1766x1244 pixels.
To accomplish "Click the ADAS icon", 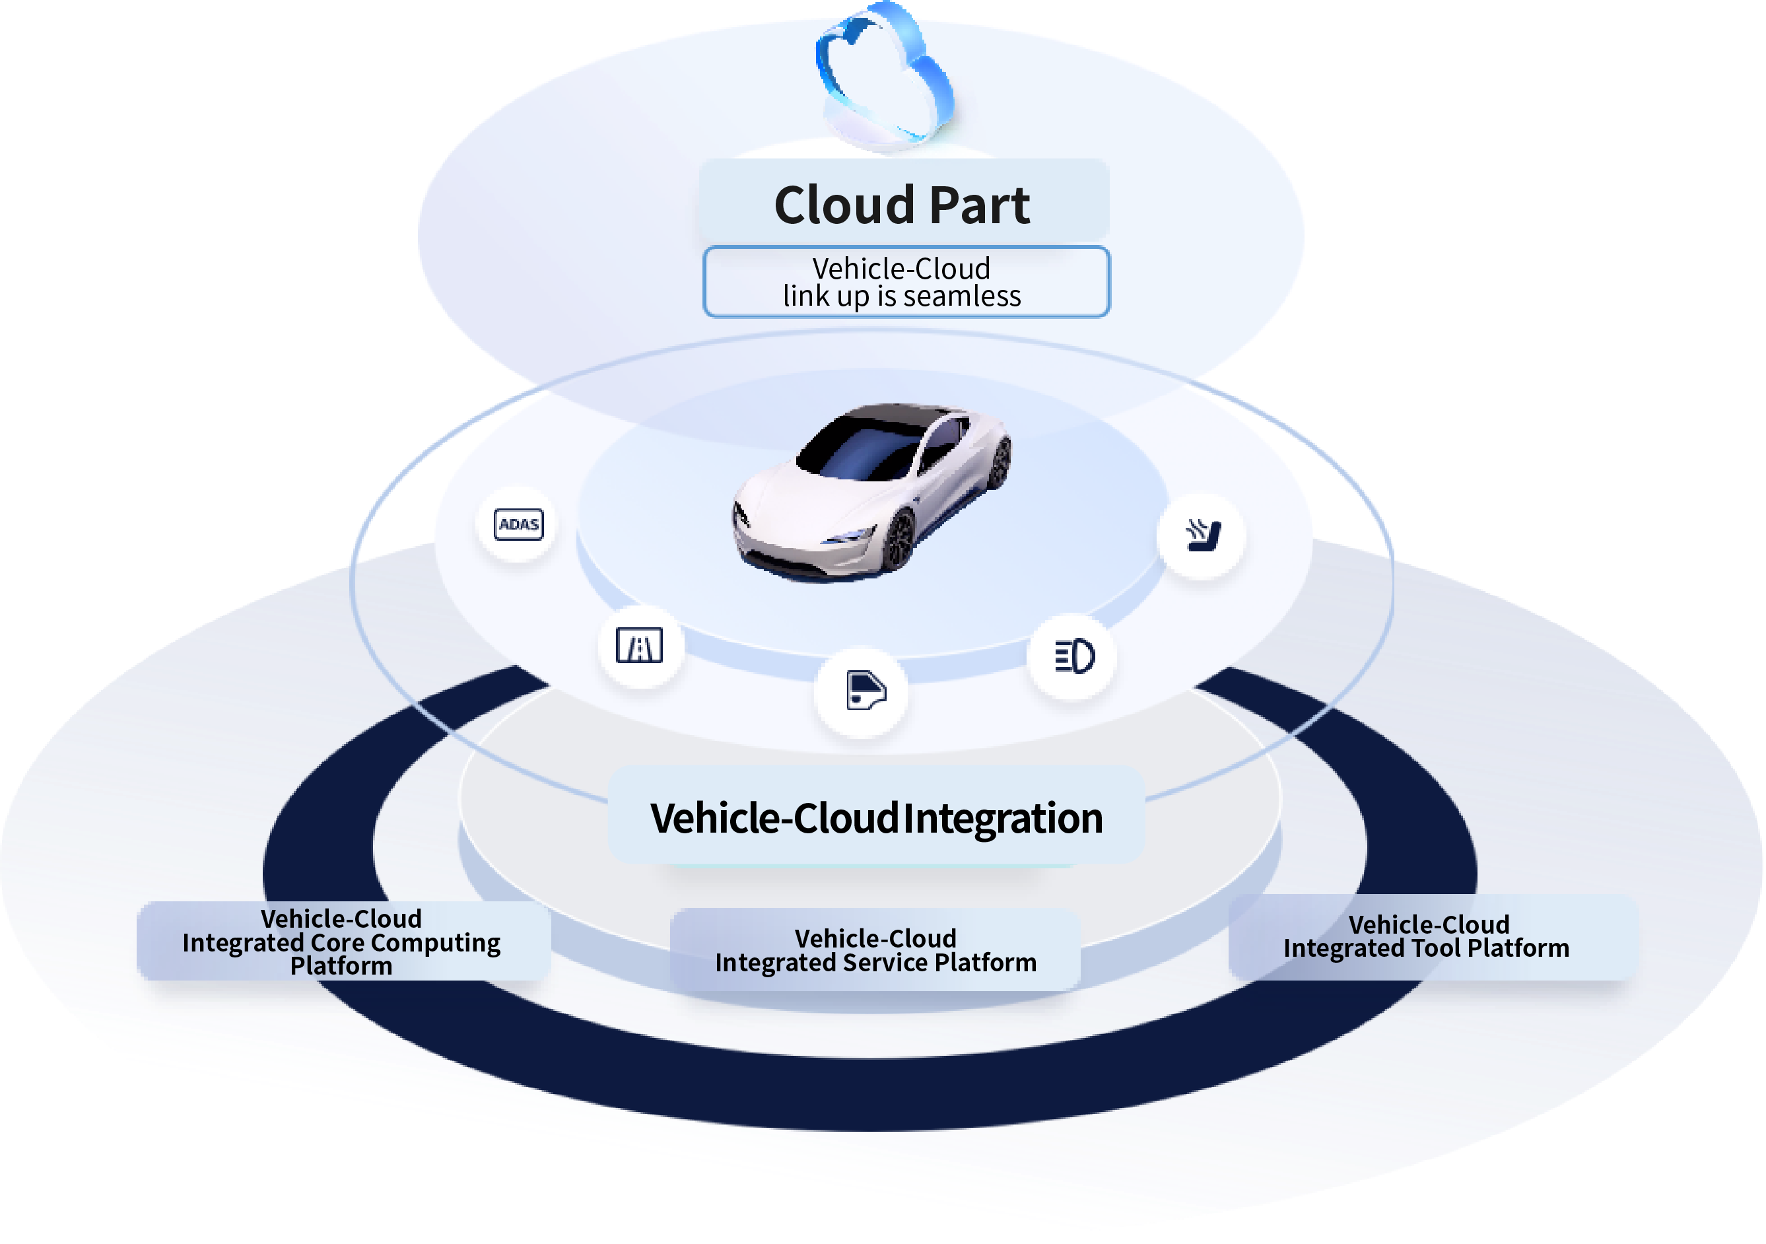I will tap(518, 525).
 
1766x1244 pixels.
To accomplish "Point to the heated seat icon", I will tap(1202, 535).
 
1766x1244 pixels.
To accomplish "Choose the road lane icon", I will tap(639, 646).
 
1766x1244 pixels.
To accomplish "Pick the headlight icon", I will tap(1073, 656).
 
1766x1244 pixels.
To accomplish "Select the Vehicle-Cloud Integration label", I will tap(876, 818).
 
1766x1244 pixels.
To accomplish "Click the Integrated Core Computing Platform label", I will tap(342, 942).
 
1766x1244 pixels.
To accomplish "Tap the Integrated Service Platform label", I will tap(875, 951).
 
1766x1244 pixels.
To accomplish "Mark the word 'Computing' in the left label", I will tap(435, 943).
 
